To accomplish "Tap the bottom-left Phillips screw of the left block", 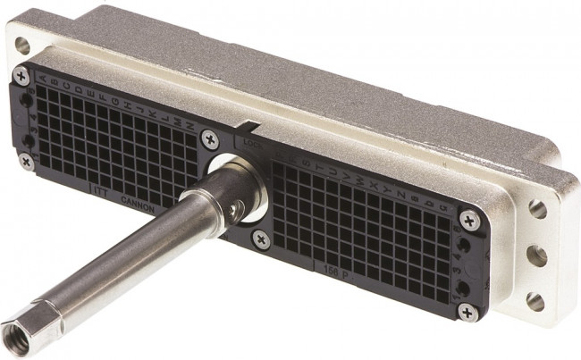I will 26,162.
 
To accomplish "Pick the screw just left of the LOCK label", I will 209,138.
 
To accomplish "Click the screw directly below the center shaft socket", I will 260,238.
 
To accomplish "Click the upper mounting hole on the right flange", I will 537,209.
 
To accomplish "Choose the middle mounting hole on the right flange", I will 536,255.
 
